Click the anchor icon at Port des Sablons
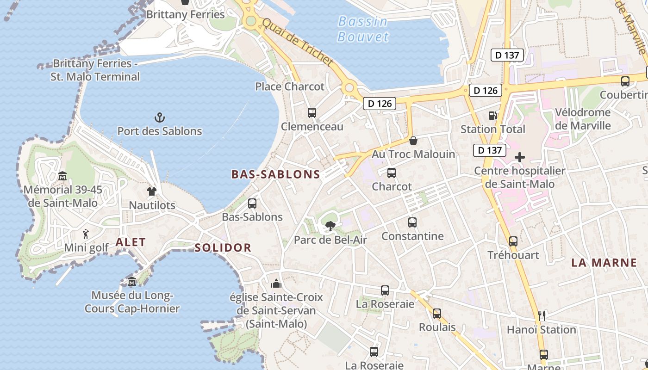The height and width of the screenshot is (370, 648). click(160, 117)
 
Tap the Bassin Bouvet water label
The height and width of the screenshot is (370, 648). click(363, 29)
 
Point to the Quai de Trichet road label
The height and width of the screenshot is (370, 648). click(297, 42)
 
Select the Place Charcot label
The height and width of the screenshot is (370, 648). click(290, 86)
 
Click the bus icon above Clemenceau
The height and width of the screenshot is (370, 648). click(312, 112)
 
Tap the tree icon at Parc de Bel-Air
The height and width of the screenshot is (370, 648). click(330, 226)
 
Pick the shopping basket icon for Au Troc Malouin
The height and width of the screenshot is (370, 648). click(413, 140)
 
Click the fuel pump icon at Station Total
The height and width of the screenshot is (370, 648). click(492, 116)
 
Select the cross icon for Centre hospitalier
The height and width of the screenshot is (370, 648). click(520, 157)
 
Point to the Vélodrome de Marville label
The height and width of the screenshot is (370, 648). click(583, 119)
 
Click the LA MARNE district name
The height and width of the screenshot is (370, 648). click(604, 263)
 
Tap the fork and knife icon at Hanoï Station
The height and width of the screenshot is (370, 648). click(542, 316)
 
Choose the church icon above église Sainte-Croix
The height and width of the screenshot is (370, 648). click(276, 283)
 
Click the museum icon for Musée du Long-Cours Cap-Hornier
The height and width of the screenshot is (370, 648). click(132, 281)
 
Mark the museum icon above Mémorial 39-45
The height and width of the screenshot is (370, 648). click(62, 176)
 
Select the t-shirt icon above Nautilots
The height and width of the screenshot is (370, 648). click(152, 191)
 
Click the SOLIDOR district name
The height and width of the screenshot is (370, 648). click(223, 247)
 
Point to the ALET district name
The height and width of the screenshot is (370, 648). click(131, 242)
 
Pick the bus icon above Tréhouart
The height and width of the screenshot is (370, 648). click(513, 241)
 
